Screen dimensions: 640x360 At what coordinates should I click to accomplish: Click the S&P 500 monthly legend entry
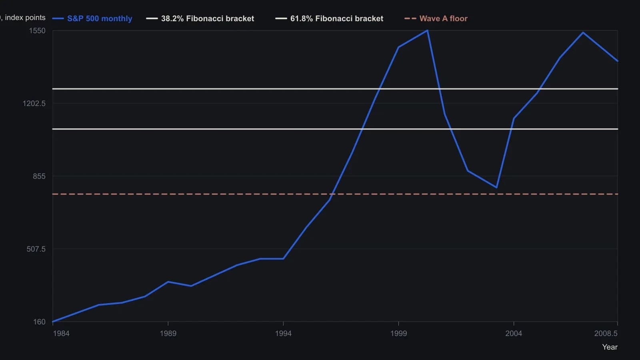tap(92, 18)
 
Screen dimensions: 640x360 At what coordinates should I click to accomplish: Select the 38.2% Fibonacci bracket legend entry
tap(200, 18)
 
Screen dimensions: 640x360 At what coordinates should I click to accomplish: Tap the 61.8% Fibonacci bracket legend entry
tap(329, 18)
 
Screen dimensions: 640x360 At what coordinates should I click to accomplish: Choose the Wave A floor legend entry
tap(436, 18)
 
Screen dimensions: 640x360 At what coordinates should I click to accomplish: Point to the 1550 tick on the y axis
tap(37, 30)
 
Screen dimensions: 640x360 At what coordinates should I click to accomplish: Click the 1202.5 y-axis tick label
tap(34, 103)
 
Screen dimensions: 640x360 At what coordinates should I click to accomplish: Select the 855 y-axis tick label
tap(39, 176)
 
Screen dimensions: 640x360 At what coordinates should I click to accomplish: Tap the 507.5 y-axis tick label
tap(36, 249)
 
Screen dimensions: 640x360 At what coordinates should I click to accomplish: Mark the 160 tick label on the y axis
tap(40, 322)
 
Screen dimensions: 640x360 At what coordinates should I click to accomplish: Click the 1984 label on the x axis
tap(61, 334)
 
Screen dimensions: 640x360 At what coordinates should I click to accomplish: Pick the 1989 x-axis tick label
tap(168, 334)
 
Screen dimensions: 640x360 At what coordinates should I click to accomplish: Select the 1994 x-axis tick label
tap(283, 334)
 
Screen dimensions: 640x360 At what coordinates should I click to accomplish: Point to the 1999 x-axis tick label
tap(398, 334)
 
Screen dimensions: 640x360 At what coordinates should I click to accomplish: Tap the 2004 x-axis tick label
tap(514, 334)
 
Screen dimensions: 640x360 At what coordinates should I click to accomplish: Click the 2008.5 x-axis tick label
tap(606, 334)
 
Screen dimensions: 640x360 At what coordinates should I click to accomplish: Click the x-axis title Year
tap(610, 347)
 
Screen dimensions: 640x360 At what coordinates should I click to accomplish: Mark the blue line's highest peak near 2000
tap(427, 30)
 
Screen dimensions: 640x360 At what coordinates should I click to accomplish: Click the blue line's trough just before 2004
tap(496, 188)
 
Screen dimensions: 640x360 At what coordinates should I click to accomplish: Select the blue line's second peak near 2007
tap(583, 32)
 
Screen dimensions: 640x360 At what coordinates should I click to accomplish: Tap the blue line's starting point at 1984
tap(53, 322)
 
